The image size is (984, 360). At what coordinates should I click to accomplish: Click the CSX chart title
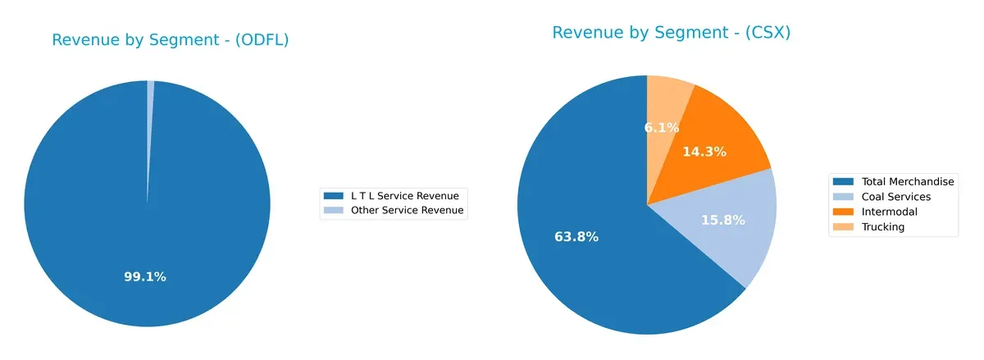(671, 33)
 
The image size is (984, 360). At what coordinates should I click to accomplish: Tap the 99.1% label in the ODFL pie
(145, 277)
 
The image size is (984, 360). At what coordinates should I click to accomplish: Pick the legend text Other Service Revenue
(408, 211)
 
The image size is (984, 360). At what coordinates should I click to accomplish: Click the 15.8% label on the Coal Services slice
(723, 221)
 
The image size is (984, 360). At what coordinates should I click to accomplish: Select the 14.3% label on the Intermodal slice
(704, 152)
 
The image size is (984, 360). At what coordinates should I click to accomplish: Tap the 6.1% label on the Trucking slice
(661, 127)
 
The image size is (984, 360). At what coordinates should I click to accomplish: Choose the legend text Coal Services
(896, 197)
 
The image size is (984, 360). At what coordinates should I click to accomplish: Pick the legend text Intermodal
(889, 212)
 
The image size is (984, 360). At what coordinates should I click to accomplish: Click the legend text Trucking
(883, 227)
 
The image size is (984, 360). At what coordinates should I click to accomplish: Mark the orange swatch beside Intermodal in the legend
(843, 212)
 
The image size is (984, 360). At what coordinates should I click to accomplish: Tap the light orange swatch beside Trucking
(843, 227)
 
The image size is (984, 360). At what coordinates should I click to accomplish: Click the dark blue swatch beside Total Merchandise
(843, 181)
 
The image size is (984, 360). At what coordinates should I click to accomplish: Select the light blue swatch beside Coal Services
(843, 197)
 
